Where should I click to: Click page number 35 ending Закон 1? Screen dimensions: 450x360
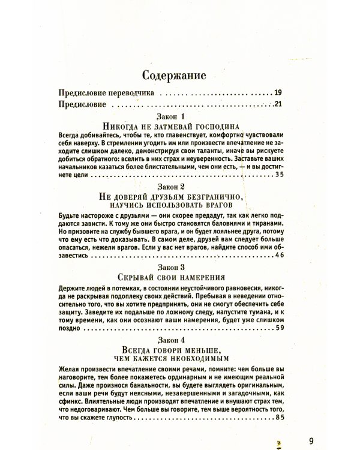tap(277, 175)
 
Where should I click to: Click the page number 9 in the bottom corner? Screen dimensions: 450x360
tap(311, 440)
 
